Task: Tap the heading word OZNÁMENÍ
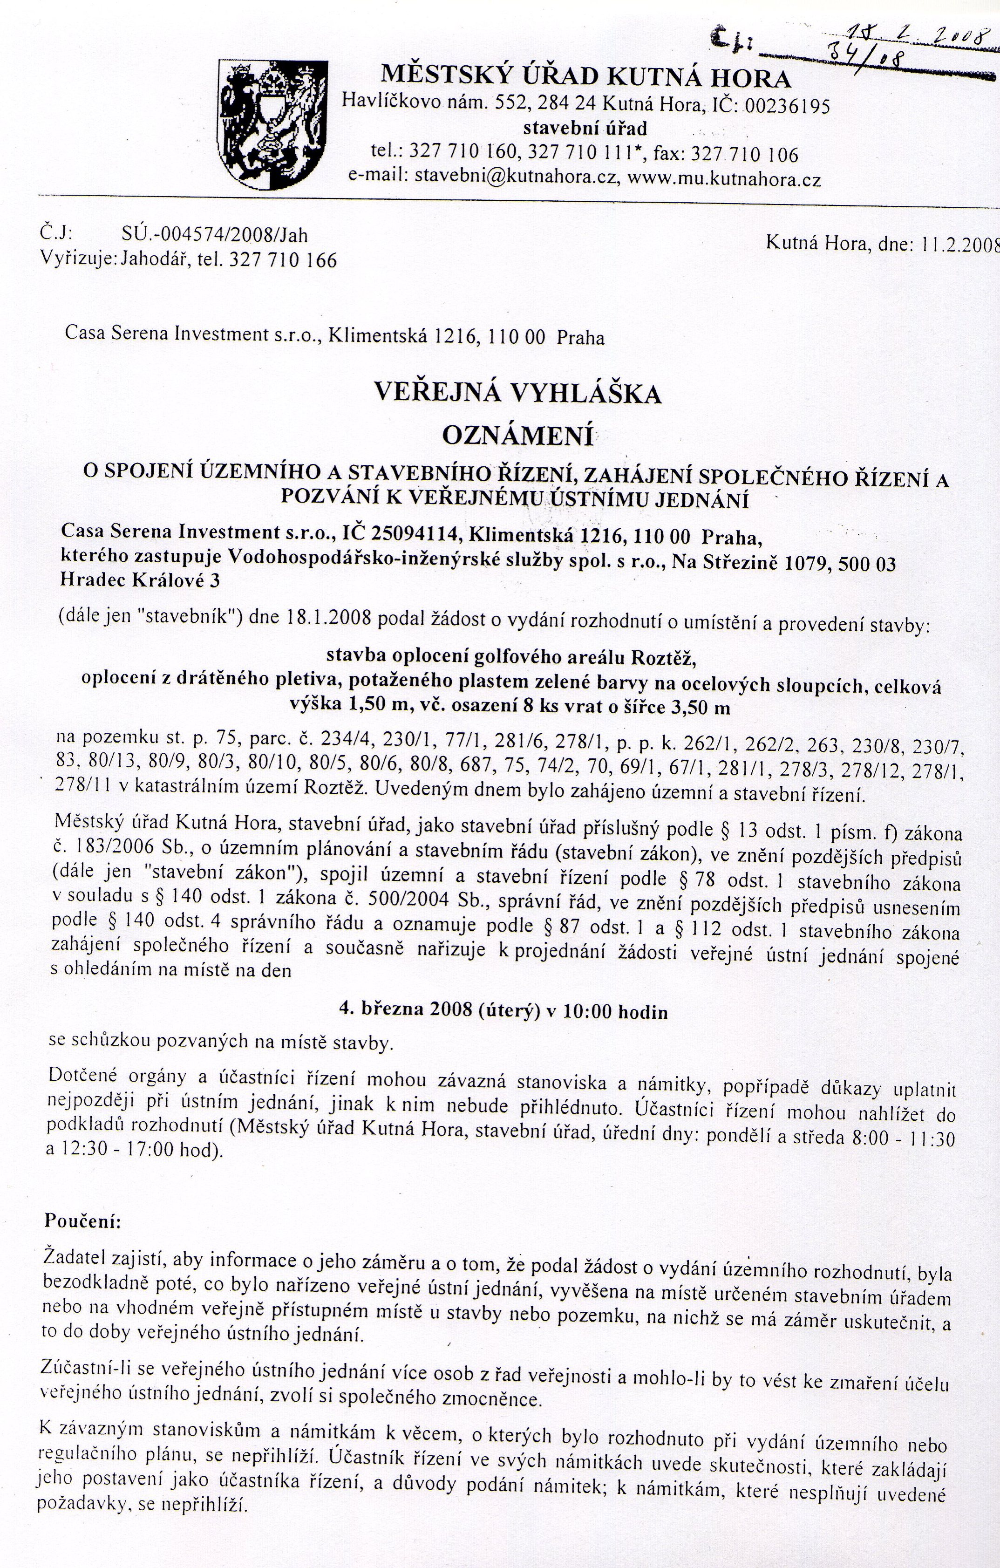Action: click(517, 435)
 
